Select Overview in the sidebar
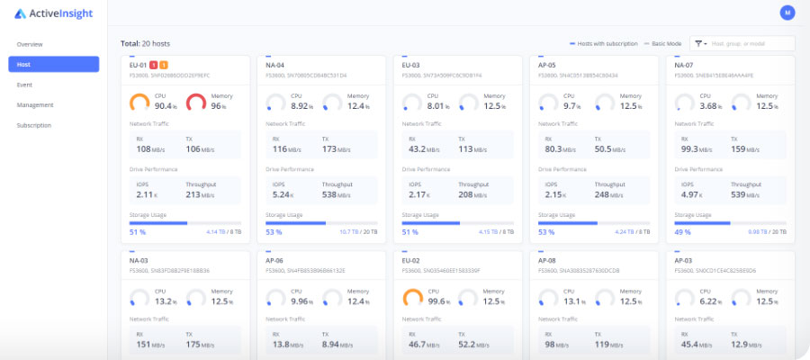tap(30, 44)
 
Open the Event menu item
tap(24, 85)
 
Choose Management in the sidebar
tap(34, 104)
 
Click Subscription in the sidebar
tap(34, 125)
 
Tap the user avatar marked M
tap(787, 13)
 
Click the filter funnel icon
tap(698, 43)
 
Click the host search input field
tap(751, 43)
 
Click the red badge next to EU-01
tap(154, 65)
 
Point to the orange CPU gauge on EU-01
tap(140, 103)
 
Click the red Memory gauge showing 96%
tap(196, 103)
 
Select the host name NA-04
tap(275, 65)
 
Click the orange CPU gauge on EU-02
tap(412, 298)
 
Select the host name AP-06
tap(275, 259)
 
